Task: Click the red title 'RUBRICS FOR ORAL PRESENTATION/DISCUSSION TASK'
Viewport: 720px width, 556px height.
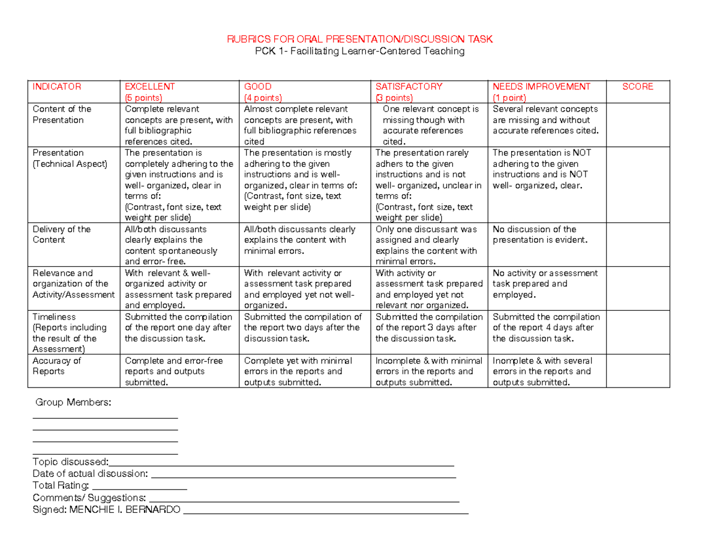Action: [359, 40]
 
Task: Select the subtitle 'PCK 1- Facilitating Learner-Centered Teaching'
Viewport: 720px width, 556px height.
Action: [359, 52]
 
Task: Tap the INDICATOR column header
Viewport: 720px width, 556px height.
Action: [56, 86]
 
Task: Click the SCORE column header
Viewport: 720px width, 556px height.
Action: [637, 86]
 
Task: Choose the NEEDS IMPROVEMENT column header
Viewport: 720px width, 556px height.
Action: [541, 86]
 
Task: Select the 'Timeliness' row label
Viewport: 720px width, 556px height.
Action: [54, 317]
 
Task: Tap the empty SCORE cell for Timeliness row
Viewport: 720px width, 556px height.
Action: [637, 333]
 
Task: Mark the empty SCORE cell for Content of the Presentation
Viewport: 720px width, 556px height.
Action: [637, 125]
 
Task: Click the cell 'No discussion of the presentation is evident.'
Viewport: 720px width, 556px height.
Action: [540, 235]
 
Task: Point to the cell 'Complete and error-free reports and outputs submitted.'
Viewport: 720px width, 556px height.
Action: [173, 371]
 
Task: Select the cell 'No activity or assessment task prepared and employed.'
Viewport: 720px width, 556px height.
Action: [545, 284]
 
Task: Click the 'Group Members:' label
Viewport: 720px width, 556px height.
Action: [73, 402]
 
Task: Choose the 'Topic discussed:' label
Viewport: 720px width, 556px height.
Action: [70, 462]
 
